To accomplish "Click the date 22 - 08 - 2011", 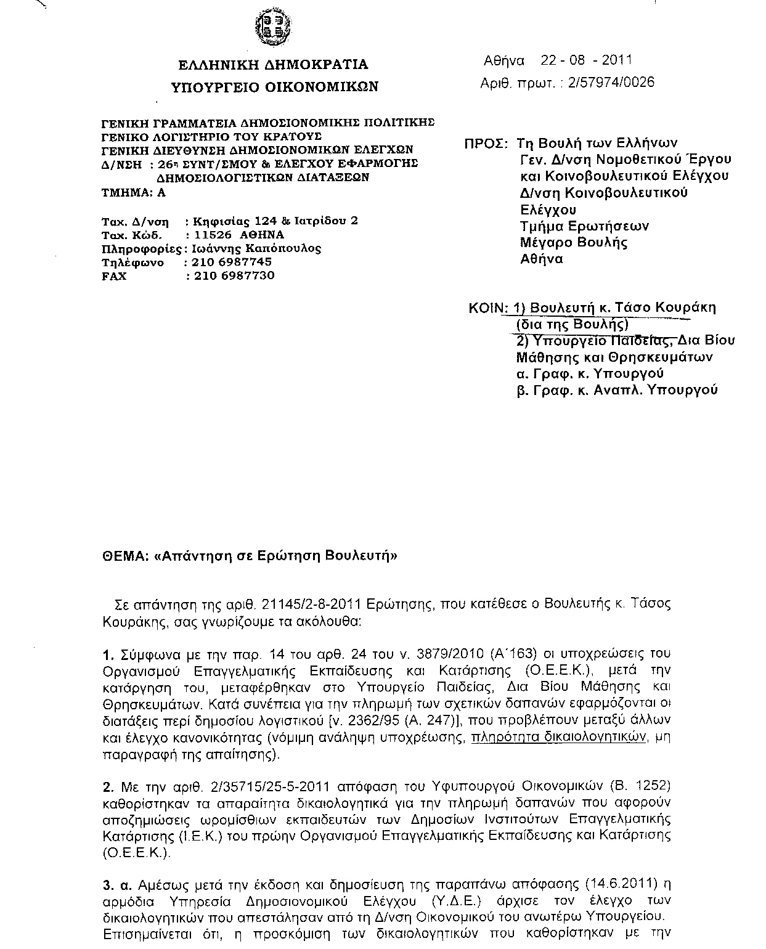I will [586, 60].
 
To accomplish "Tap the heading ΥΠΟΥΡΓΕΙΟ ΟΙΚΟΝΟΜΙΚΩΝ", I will [274, 87].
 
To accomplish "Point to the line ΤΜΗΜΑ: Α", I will [133, 192].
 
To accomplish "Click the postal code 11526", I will [213, 235].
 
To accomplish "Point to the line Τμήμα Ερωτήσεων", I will [584, 226].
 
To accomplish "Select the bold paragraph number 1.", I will [108, 654].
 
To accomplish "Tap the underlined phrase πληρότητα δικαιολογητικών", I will [558, 737].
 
